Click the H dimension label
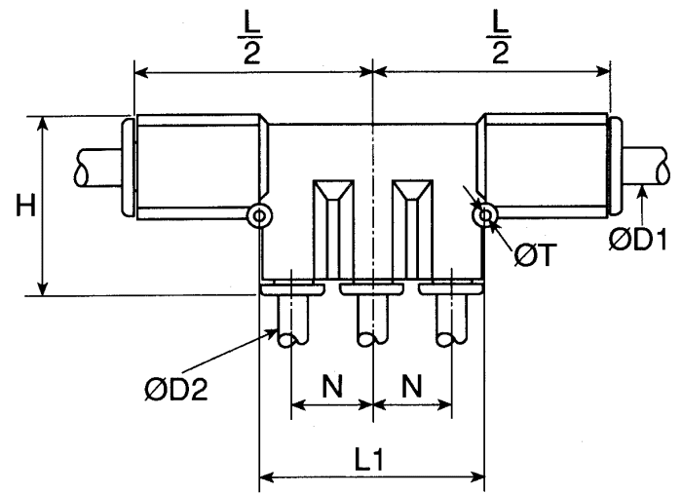pyautogui.click(x=25, y=206)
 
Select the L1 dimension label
pyautogui.click(x=369, y=459)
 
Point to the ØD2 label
pyautogui.click(x=176, y=389)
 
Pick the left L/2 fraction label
pyautogui.click(x=251, y=41)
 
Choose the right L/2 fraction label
pyautogui.click(x=499, y=41)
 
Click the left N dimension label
pyautogui.click(x=333, y=386)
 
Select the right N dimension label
pyautogui.click(x=412, y=386)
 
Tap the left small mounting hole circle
pyautogui.click(x=259, y=215)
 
